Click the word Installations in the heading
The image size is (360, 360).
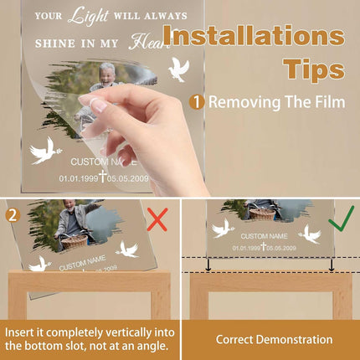coord(254,36)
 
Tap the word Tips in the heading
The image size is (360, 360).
coord(314,70)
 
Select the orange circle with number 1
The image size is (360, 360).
coord(197,102)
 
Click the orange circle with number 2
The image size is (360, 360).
coord(13,215)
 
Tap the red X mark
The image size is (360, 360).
coord(157,219)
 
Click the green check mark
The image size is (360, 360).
coord(341,219)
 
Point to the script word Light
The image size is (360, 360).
coord(89,16)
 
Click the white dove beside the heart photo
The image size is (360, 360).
coord(178,69)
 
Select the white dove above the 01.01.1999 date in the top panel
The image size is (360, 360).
coord(44,151)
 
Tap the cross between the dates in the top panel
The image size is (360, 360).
coord(103,177)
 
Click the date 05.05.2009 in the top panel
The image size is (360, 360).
coord(127,178)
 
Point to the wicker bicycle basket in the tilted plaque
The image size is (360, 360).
coord(75,242)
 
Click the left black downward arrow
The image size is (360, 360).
coord(208,265)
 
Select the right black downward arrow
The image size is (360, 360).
coord(332,265)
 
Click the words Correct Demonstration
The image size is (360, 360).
coord(274,340)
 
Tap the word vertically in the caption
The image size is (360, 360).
coord(129,332)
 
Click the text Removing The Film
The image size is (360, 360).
coord(277,102)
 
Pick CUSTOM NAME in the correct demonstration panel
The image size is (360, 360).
coord(264,236)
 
